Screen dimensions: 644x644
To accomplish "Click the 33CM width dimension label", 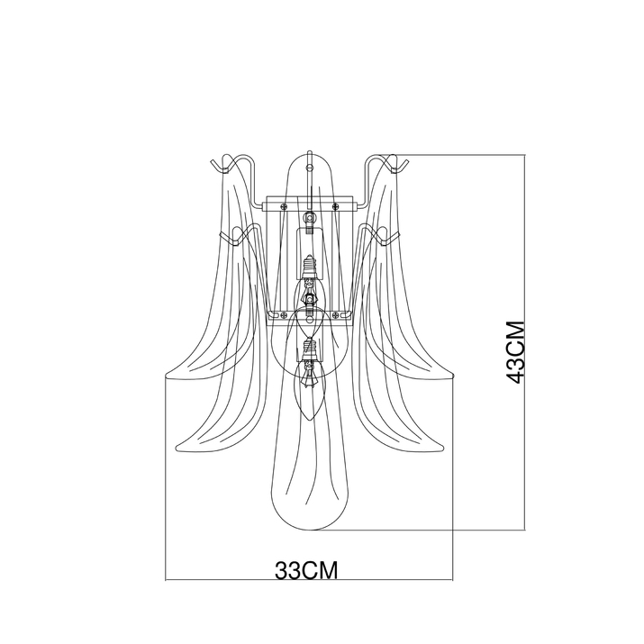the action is [306, 570].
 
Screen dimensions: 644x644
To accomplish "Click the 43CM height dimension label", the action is [515, 352].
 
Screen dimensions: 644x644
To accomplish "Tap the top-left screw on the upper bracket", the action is [284, 205].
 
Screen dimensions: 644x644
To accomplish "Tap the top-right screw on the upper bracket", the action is [335, 205].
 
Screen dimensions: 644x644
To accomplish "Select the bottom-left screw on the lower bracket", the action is [284, 315].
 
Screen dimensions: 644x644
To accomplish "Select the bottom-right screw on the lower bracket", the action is [336, 315].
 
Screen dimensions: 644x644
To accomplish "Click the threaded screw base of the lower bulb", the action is [309, 346].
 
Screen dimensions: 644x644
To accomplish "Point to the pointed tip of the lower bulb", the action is [310, 420].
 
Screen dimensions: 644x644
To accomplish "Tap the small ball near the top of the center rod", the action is [309, 168].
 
